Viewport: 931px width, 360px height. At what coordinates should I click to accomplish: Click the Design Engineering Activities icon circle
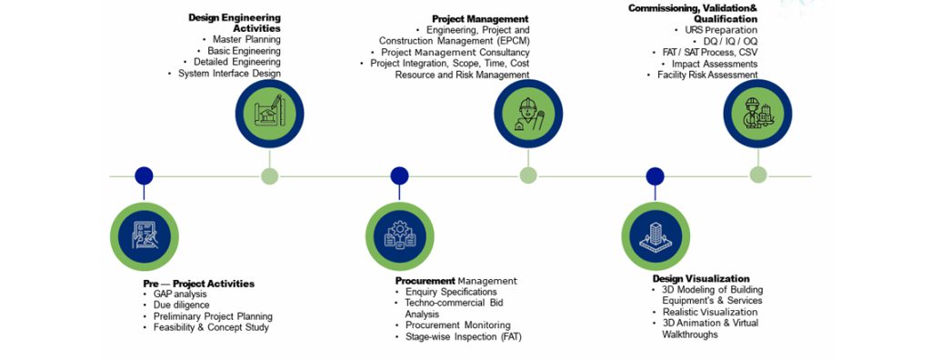pyautogui.click(x=269, y=113)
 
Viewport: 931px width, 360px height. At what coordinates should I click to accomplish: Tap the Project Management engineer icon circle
pyautogui.click(x=528, y=113)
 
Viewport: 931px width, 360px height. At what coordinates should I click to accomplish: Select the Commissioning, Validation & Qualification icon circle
pyautogui.click(x=757, y=113)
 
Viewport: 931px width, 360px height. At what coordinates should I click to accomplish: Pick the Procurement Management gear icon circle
pyautogui.click(x=399, y=235)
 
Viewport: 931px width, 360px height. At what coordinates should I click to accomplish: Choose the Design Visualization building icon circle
pyautogui.click(x=655, y=235)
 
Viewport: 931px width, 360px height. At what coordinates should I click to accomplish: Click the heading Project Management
pyautogui.click(x=479, y=17)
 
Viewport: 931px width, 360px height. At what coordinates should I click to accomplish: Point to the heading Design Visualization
pyautogui.click(x=701, y=278)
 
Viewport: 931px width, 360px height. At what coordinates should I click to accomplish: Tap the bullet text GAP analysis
pyautogui.click(x=179, y=295)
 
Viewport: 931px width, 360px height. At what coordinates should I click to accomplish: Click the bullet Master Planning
pyautogui.click(x=246, y=40)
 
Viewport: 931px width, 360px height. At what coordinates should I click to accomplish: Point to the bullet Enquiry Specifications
pyautogui.click(x=451, y=293)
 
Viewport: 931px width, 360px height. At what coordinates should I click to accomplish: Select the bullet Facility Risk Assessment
pyautogui.click(x=707, y=75)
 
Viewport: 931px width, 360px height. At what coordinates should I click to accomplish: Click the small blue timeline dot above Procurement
pyautogui.click(x=399, y=175)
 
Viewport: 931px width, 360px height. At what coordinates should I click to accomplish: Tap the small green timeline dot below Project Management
pyautogui.click(x=528, y=175)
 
